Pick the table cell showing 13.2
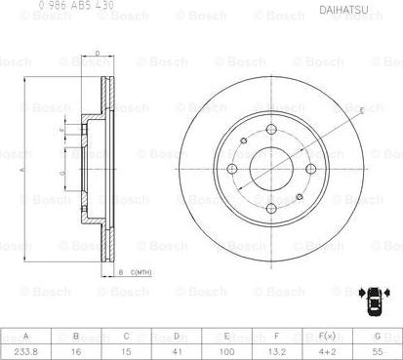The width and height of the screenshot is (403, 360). click(x=276, y=347)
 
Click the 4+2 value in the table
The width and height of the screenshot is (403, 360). click(x=327, y=347)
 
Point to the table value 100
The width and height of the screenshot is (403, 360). click(x=226, y=347)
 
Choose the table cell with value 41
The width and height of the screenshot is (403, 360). click(x=176, y=347)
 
